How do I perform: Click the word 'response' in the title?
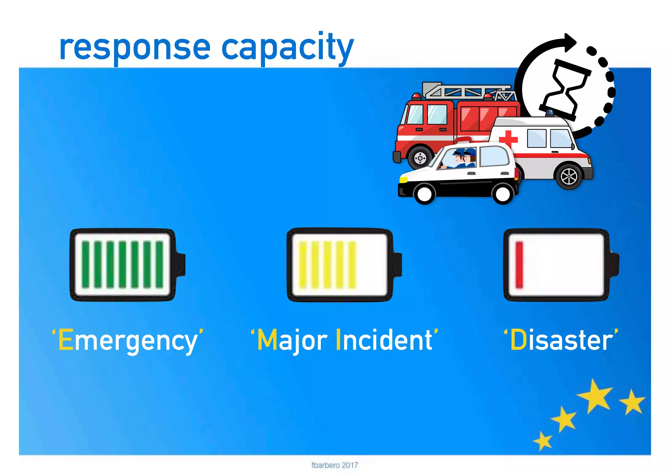tap(134, 48)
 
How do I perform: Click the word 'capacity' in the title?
tap(288, 48)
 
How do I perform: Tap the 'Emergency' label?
tap(128, 340)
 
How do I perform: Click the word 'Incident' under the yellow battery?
tap(386, 340)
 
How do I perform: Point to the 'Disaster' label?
tap(561, 340)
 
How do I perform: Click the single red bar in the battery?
tap(519, 265)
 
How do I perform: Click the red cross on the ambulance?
tap(508, 139)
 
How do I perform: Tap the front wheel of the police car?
tap(424, 194)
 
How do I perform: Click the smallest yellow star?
tap(543, 440)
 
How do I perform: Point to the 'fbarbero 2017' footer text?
tap(335, 465)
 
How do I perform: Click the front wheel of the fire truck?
tap(420, 158)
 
